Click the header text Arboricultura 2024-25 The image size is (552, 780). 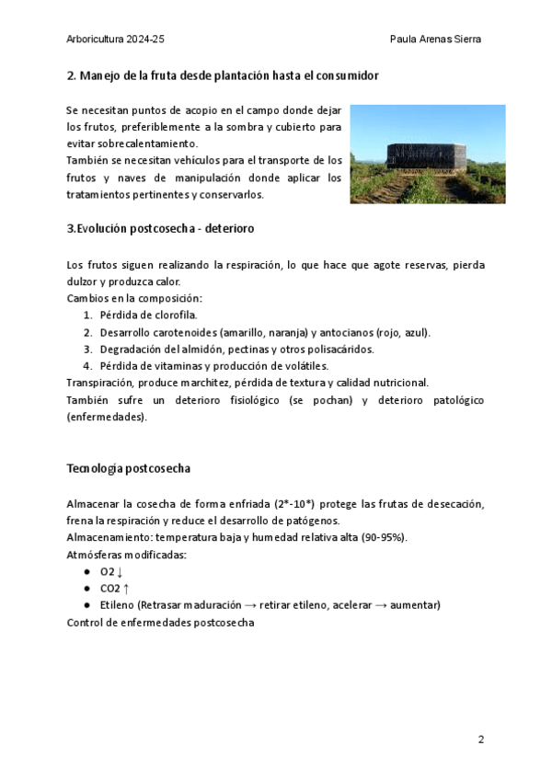116,40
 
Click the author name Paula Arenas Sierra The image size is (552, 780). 436,40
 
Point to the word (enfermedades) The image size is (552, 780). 107,417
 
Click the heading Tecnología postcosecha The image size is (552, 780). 129,468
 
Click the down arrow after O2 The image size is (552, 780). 120,572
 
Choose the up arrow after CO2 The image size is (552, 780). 126,589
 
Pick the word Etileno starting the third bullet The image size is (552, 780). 119,605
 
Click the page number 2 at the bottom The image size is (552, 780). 480,740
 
